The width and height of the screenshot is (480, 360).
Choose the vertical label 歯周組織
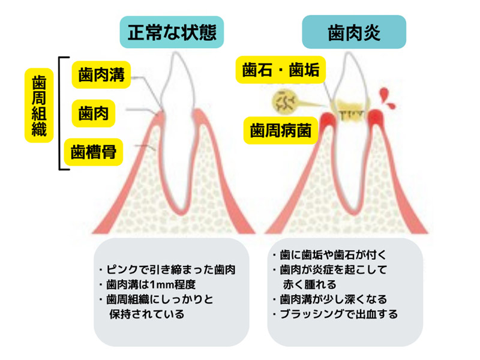pyautogui.click(x=38, y=106)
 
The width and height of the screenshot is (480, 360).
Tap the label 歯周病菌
pyautogui.click(x=281, y=130)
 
